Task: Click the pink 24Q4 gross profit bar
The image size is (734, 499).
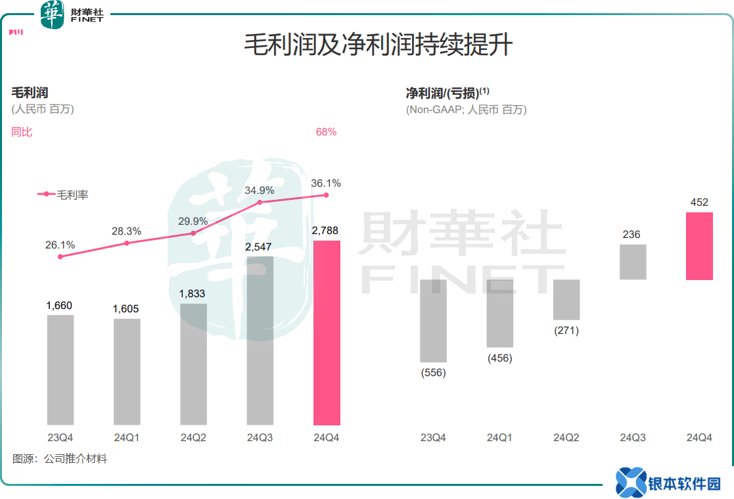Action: pos(327,333)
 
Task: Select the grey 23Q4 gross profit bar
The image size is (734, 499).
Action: pos(60,369)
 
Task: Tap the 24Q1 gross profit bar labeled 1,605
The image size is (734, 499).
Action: pos(127,371)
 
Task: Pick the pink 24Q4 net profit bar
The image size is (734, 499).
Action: pos(699,246)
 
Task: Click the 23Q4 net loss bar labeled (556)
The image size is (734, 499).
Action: pos(433,321)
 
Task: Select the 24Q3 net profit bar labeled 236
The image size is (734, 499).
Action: pos(633,262)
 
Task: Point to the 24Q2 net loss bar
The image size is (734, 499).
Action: pos(566,300)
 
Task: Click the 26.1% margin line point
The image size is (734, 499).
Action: pos(60,256)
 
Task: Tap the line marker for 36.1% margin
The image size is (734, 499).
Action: pos(327,195)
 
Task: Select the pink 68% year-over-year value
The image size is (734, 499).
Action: pos(326,132)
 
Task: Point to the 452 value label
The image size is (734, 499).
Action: pos(699,202)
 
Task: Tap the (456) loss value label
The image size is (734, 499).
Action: pos(499,358)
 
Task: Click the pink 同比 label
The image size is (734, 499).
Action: pos(22,132)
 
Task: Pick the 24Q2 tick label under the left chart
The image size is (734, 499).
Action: pos(193,437)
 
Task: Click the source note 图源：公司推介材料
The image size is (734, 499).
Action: pos(59,459)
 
